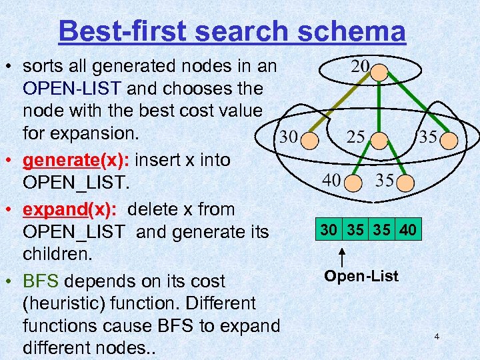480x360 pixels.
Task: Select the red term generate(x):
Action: (70, 161)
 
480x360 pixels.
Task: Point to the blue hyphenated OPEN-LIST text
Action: (72, 89)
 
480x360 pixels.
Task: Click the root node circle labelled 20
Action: (379, 71)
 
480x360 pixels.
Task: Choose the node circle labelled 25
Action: (379, 140)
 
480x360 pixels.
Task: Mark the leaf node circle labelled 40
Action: (355, 182)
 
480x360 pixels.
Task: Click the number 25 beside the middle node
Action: (356, 137)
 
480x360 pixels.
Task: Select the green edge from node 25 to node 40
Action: (367, 161)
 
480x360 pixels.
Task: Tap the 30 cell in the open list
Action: (327, 230)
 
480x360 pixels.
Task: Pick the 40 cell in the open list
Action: (408, 230)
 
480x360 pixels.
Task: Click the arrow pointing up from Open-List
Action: (341, 258)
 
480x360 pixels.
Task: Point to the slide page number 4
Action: (437, 337)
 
